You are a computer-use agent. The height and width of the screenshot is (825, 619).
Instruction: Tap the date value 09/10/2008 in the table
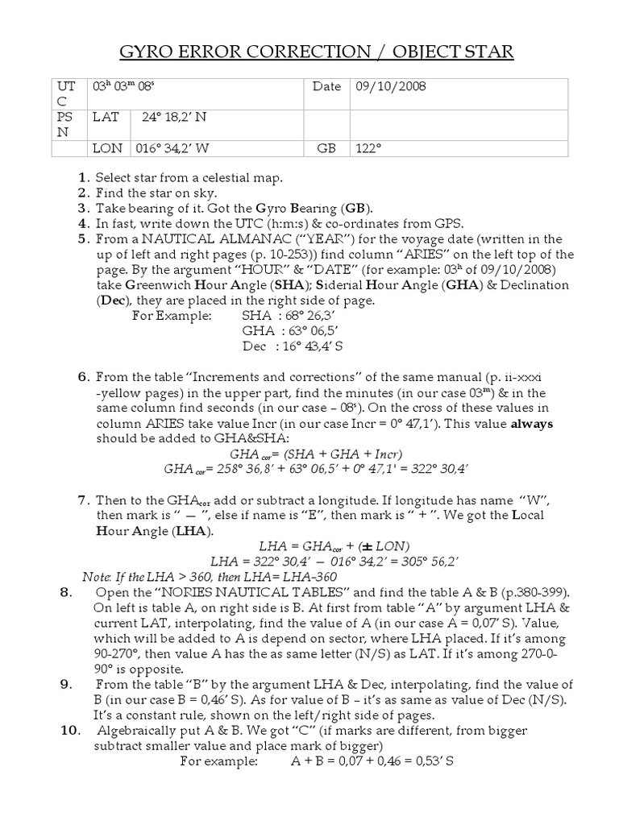tap(391, 87)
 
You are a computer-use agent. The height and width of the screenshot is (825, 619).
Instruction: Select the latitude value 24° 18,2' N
tap(175, 118)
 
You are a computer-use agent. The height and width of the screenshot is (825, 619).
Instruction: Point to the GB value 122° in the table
tap(368, 149)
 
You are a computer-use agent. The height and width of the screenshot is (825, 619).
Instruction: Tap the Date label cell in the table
tap(326, 87)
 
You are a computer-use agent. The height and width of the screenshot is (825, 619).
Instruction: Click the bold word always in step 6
tap(531, 424)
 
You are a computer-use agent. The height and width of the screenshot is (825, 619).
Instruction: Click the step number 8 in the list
tap(66, 593)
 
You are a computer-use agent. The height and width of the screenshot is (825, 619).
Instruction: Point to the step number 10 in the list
tap(69, 731)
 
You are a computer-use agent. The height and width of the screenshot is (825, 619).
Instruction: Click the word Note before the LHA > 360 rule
tap(98, 577)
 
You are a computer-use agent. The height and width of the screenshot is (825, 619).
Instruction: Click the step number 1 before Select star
tap(83, 177)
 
